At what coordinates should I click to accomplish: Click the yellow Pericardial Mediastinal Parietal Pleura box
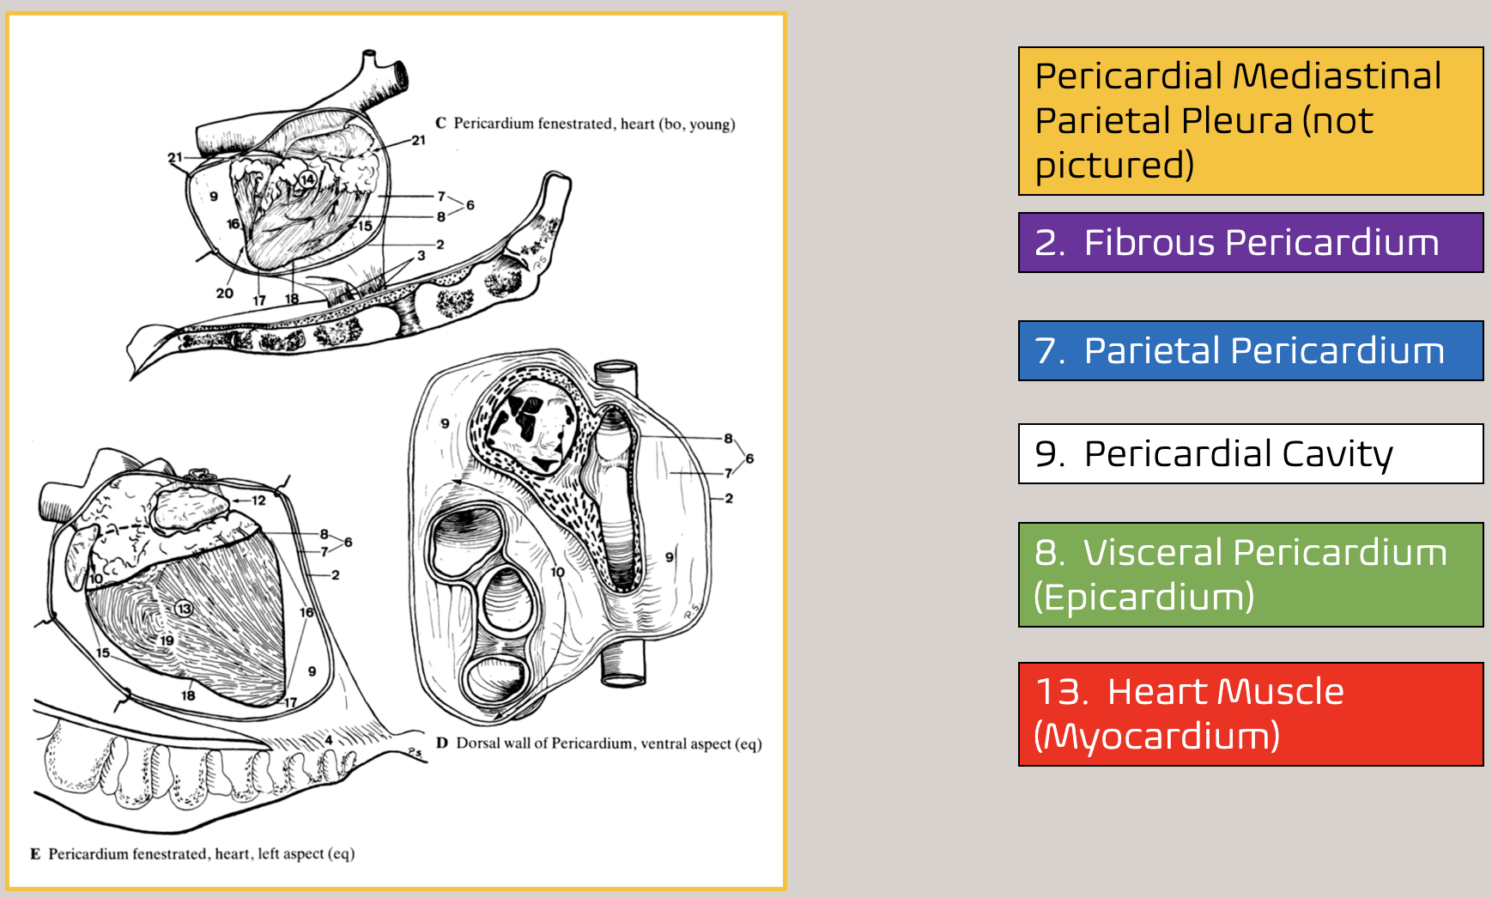pyautogui.click(x=1250, y=121)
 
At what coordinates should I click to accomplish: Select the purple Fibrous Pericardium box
pyautogui.click(x=1250, y=243)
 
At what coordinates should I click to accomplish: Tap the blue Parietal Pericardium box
pyautogui.click(x=1250, y=350)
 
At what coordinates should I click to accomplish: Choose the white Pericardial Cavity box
pyautogui.click(x=1250, y=453)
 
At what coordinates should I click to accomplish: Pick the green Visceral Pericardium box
pyautogui.click(x=1250, y=574)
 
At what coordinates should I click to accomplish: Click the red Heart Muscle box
pyautogui.click(x=1250, y=713)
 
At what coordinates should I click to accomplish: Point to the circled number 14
pyautogui.click(x=307, y=179)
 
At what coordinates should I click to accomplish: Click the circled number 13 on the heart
pyautogui.click(x=184, y=609)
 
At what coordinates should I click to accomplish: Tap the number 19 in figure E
pyautogui.click(x=167, y=640)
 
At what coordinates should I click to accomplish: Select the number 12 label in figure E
pyautogui.click(x=258, y=500)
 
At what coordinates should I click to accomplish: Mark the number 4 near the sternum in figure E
pyautogui.click(x=329, y=739)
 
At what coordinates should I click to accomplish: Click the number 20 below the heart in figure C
pyautogui.click(x=225, y=294)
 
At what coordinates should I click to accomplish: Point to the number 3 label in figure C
pyautogui.click(x=421, y=256)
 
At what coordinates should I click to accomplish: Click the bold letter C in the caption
pyautogui.click(x=440, y=123)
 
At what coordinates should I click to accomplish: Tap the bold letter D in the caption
pyautogui.click(x=442, y=743)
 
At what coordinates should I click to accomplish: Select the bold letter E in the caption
pyautogui.click(x=35, y=853)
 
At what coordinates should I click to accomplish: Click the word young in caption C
pyautogui.click(x=712, y=124)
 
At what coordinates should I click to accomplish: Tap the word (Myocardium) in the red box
pyautogui.click(x=1156, y=737)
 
